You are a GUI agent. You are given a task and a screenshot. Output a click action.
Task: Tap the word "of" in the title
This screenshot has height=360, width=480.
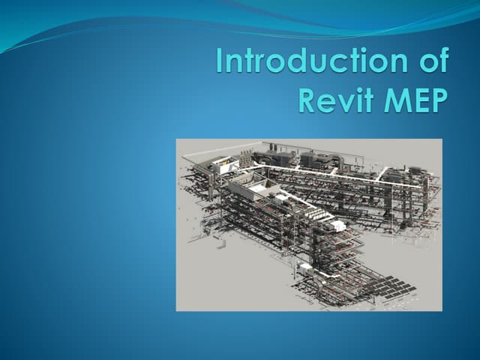(x=430, y=61)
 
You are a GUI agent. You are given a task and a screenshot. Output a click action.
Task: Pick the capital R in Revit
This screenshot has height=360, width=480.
(x=308, y=98)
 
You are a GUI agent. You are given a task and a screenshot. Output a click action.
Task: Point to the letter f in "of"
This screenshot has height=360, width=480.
(x=441, y=60)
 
